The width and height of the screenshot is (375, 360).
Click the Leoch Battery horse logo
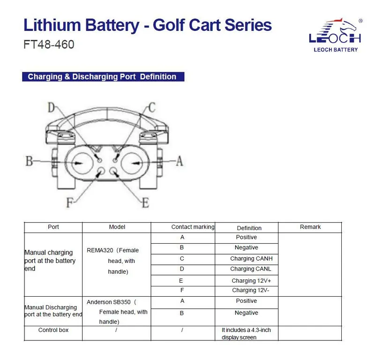(336, 35)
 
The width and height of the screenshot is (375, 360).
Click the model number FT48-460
(49, 45)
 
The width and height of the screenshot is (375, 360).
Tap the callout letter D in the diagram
(52, 107)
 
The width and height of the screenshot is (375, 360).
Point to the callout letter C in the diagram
(152, 107)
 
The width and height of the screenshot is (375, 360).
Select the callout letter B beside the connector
(29, 161)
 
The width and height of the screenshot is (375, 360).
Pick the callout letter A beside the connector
(180, 161)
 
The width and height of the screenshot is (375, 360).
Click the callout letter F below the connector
(69, 203)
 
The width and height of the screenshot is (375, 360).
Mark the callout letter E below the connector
(146, 203)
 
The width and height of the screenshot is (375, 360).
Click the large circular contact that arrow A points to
(132, 163)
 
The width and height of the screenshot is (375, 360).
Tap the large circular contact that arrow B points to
(82, 163)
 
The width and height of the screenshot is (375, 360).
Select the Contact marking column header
(193, 227)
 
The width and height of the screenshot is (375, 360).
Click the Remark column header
(310, 227)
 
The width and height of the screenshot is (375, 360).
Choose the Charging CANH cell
(251, 259)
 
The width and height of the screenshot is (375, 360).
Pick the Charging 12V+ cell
(251, 281)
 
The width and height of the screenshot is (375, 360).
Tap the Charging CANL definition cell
(251, 269)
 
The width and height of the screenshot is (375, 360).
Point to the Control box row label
(53, 330)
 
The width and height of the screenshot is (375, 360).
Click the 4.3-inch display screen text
(246, 333)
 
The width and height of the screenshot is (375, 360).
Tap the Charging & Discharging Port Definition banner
(103, 76)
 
